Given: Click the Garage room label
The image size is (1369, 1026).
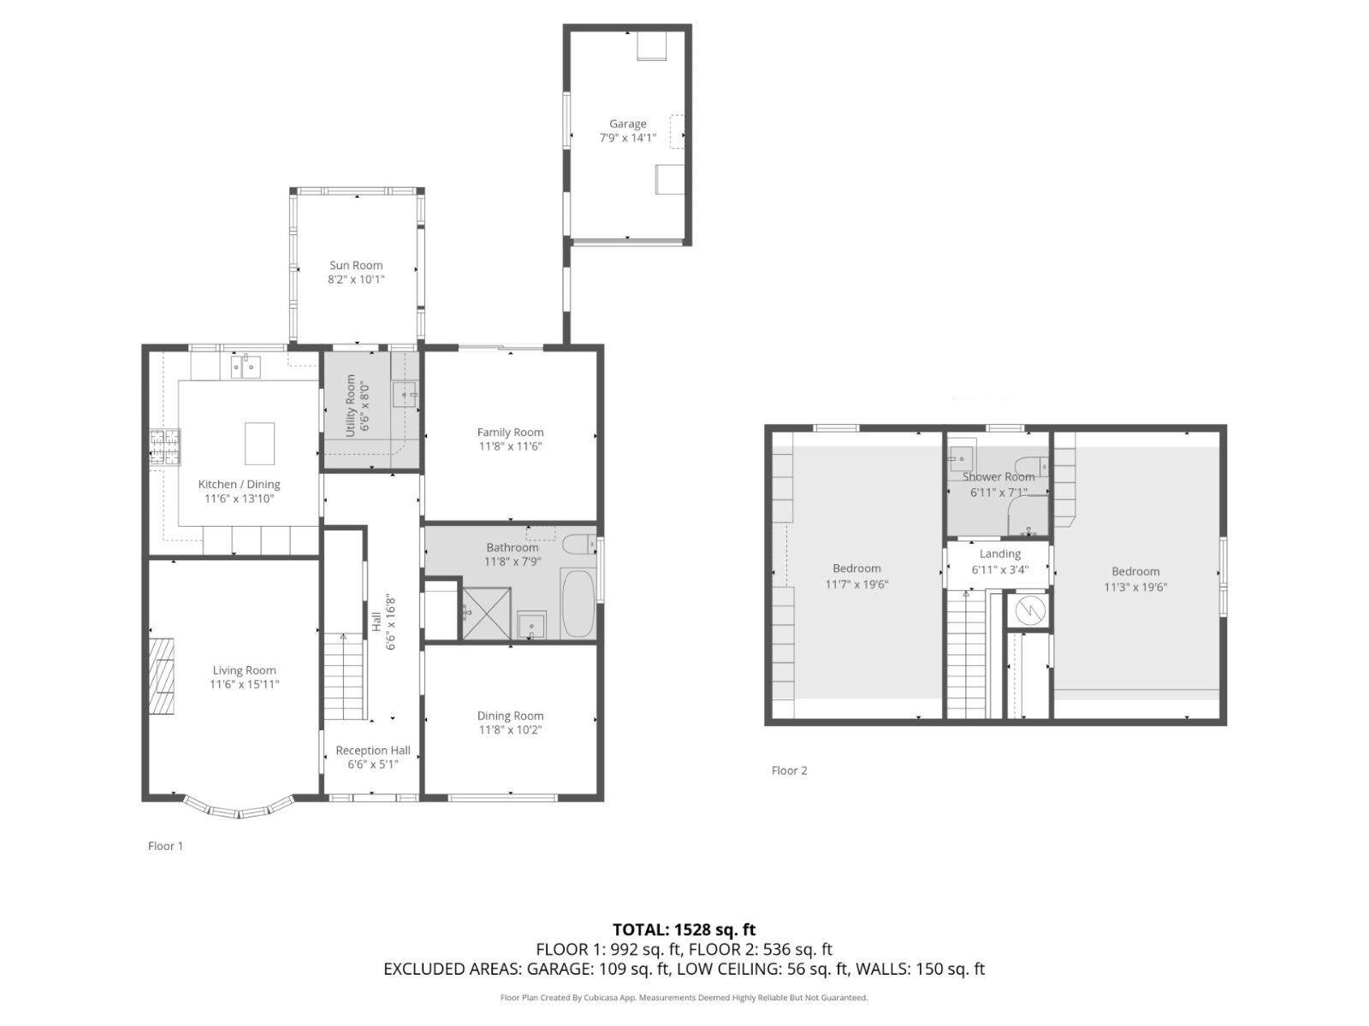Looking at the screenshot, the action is pos(627,124).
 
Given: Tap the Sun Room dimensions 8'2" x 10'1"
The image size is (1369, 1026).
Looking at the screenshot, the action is pos(356,280).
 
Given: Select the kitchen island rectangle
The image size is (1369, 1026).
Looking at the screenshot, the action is pos(259,444).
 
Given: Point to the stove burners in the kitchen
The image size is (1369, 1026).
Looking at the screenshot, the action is pos(164,447).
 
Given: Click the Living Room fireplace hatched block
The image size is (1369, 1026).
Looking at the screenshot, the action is pos(161,675).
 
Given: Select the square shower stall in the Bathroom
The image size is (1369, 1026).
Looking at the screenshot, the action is pos(487,613).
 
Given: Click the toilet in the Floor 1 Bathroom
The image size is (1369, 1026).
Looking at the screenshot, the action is pos(579,545).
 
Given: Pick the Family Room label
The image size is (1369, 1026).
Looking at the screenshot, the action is pos(510,433).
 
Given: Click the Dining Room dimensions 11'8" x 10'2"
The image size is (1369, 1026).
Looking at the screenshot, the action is pos(510,730).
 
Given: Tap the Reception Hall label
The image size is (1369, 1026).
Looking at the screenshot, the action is pos(373,751).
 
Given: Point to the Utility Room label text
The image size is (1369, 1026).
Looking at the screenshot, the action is pos(351,405).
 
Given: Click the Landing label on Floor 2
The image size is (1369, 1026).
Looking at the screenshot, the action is pos(999,554).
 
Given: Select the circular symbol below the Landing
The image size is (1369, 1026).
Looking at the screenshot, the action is pos(1029,610).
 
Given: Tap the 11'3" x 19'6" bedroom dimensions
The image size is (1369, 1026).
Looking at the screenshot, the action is pos(1135,587).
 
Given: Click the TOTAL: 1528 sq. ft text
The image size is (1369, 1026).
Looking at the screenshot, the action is pos(684,929).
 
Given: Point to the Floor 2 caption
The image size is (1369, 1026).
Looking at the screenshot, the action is pos(789,770).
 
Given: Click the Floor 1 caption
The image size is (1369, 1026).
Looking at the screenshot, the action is pos(165,846).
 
